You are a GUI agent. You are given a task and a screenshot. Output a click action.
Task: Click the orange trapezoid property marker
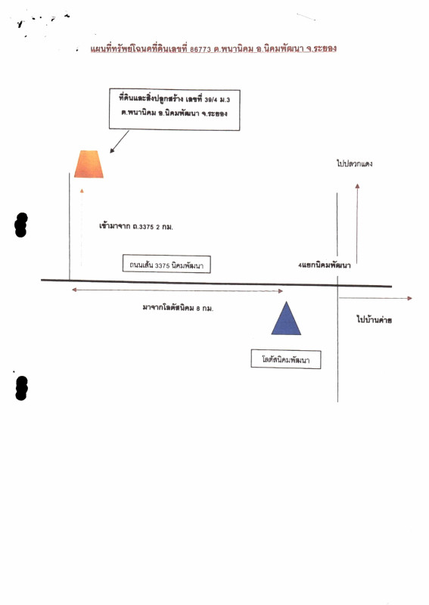pyautogui.click(x=89, y=164)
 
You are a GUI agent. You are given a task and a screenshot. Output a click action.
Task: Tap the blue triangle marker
pyautogui.click(x=286, y=318)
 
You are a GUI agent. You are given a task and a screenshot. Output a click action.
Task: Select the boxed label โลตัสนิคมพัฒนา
pyautogui.click(x=286, y=359)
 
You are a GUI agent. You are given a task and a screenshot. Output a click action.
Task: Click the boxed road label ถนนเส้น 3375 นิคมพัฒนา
pyautogui.click(x=166, y=264)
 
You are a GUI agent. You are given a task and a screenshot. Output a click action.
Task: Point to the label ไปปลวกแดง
pyautogui.click(x=355, y=163)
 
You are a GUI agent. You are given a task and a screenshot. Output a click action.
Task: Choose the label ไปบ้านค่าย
pyautogui.click(x=375, y=319)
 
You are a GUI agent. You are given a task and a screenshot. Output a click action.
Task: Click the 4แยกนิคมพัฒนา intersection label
pyautogui.click(x=325, y=265)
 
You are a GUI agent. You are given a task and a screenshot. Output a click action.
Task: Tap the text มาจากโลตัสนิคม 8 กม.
pyautogui.click(x=178, y=308)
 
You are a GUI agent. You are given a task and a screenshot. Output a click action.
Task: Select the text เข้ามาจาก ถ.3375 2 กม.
pyautogui.click(x=136, y=226)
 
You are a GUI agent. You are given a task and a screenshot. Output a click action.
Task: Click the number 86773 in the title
pyautogui.click(x=201, y=49)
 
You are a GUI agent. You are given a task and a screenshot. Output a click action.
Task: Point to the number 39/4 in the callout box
pyautogui.click(x=211, y=100)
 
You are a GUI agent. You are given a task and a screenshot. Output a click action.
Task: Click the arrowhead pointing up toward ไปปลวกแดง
pyautogui.click(x=358, y=186)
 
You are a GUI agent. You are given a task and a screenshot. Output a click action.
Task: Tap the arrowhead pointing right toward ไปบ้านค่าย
pyautogui.click(x=409, y=298)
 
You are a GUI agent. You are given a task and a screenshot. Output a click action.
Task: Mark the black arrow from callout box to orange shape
pyautogui.click(x=120, y=141)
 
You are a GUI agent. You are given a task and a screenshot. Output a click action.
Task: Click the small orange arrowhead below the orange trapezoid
pyautogui.click(x=82, y=191)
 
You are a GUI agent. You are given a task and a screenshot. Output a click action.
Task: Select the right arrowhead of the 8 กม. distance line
pyautogui.click(x=281, y=291)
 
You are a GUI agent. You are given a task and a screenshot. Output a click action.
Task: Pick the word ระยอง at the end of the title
pyautogui.click(x=325, y=48)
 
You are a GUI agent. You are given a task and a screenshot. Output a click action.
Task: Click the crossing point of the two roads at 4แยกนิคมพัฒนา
pyautogui.click(x=337, y=286)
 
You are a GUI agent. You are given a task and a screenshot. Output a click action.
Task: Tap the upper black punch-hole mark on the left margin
pyautogui.click(x=21, y=225)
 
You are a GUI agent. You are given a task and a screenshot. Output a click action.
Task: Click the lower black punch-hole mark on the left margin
pyautogui.click(x=21, y=388)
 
